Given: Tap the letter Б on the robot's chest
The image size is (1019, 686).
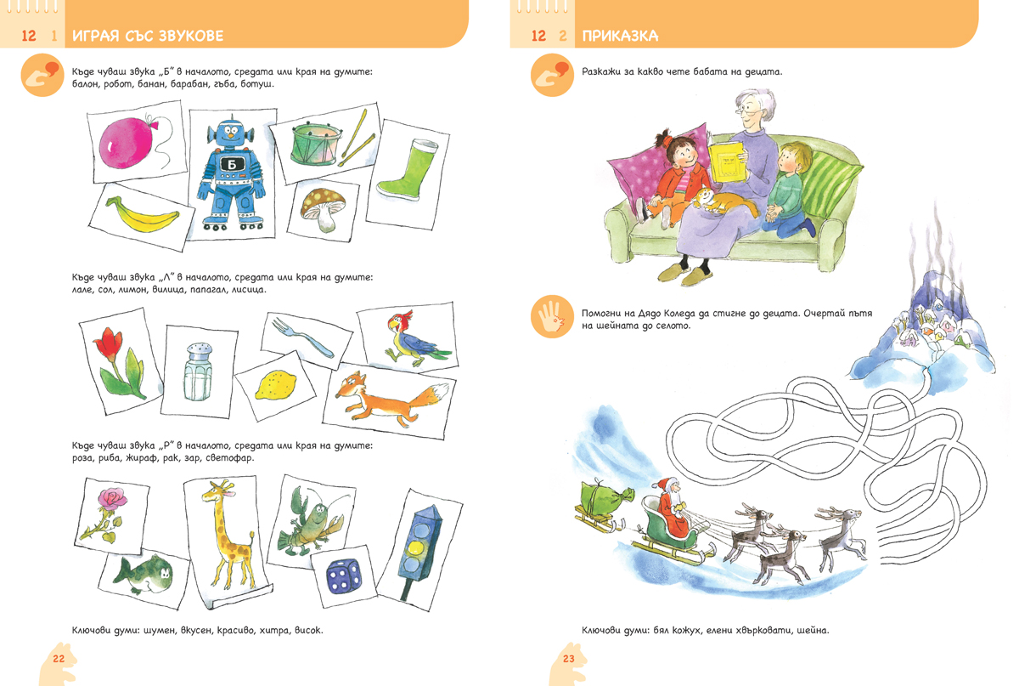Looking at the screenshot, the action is pyautogui.click(x=232, y=164).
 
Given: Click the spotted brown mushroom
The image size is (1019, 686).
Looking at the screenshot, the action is pyautogui.click(x=324, y=209).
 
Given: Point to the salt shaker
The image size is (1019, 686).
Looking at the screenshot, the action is pyautogui.click(x=199, y=372).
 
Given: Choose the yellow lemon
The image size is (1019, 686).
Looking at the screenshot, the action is pyautogui.click(x=275, y=385).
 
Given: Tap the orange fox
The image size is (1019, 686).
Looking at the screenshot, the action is pyautogui.click(x=391, y=397).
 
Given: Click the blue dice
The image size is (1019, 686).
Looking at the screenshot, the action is pyautogui.click(x=345, y=576).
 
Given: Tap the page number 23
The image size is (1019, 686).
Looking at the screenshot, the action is pyautogui.click(x=569, y=659).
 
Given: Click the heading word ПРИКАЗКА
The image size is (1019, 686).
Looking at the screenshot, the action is pyautogui.click(x=620, y=36).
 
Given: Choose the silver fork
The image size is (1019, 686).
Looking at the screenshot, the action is pyautogui.click(x=302, y=337).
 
